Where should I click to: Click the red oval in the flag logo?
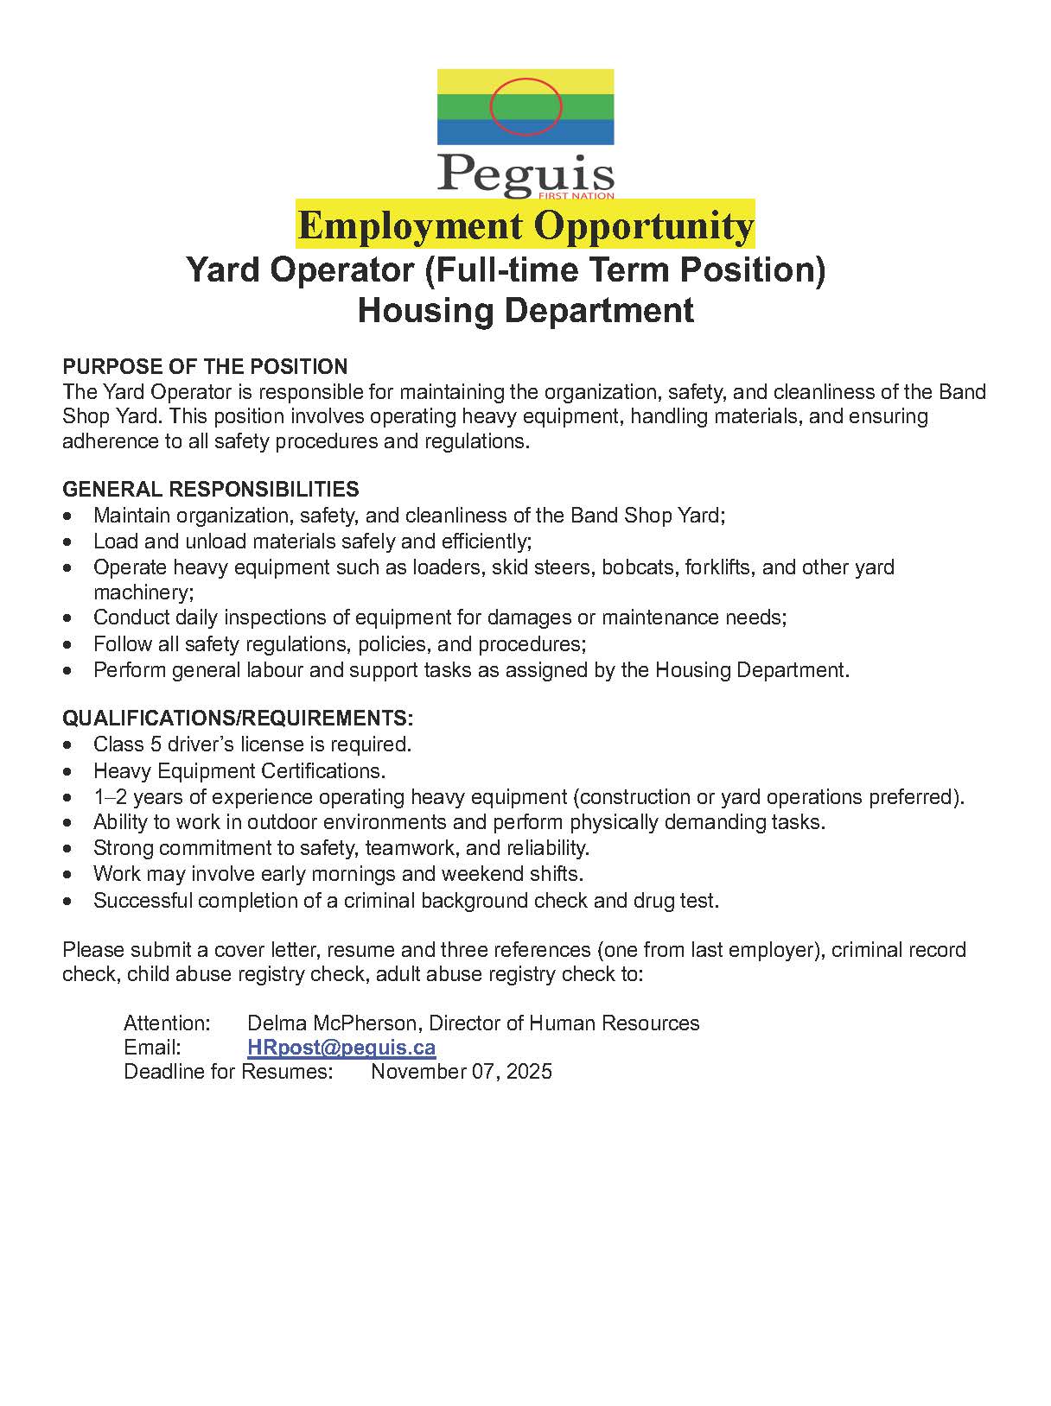coord(525,106)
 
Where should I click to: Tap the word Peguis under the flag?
coord(525,173)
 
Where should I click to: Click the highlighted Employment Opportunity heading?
coord(525,225)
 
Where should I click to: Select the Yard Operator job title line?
coord(506,270)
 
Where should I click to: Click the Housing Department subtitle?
coord(525,310)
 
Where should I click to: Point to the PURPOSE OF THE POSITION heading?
coord(205,366)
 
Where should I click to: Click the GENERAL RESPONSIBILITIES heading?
coord(210,490)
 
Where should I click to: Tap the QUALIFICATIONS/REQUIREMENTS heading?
coord(238,719)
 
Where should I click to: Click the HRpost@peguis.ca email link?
coord(341,1048)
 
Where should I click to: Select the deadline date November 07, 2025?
coord(462,1072)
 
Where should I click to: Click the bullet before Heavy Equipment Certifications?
coord(68,770)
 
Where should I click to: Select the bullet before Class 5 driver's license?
coord(68,744)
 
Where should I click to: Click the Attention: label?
coord(167,1023)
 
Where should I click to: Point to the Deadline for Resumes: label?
coord(228,1072)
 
